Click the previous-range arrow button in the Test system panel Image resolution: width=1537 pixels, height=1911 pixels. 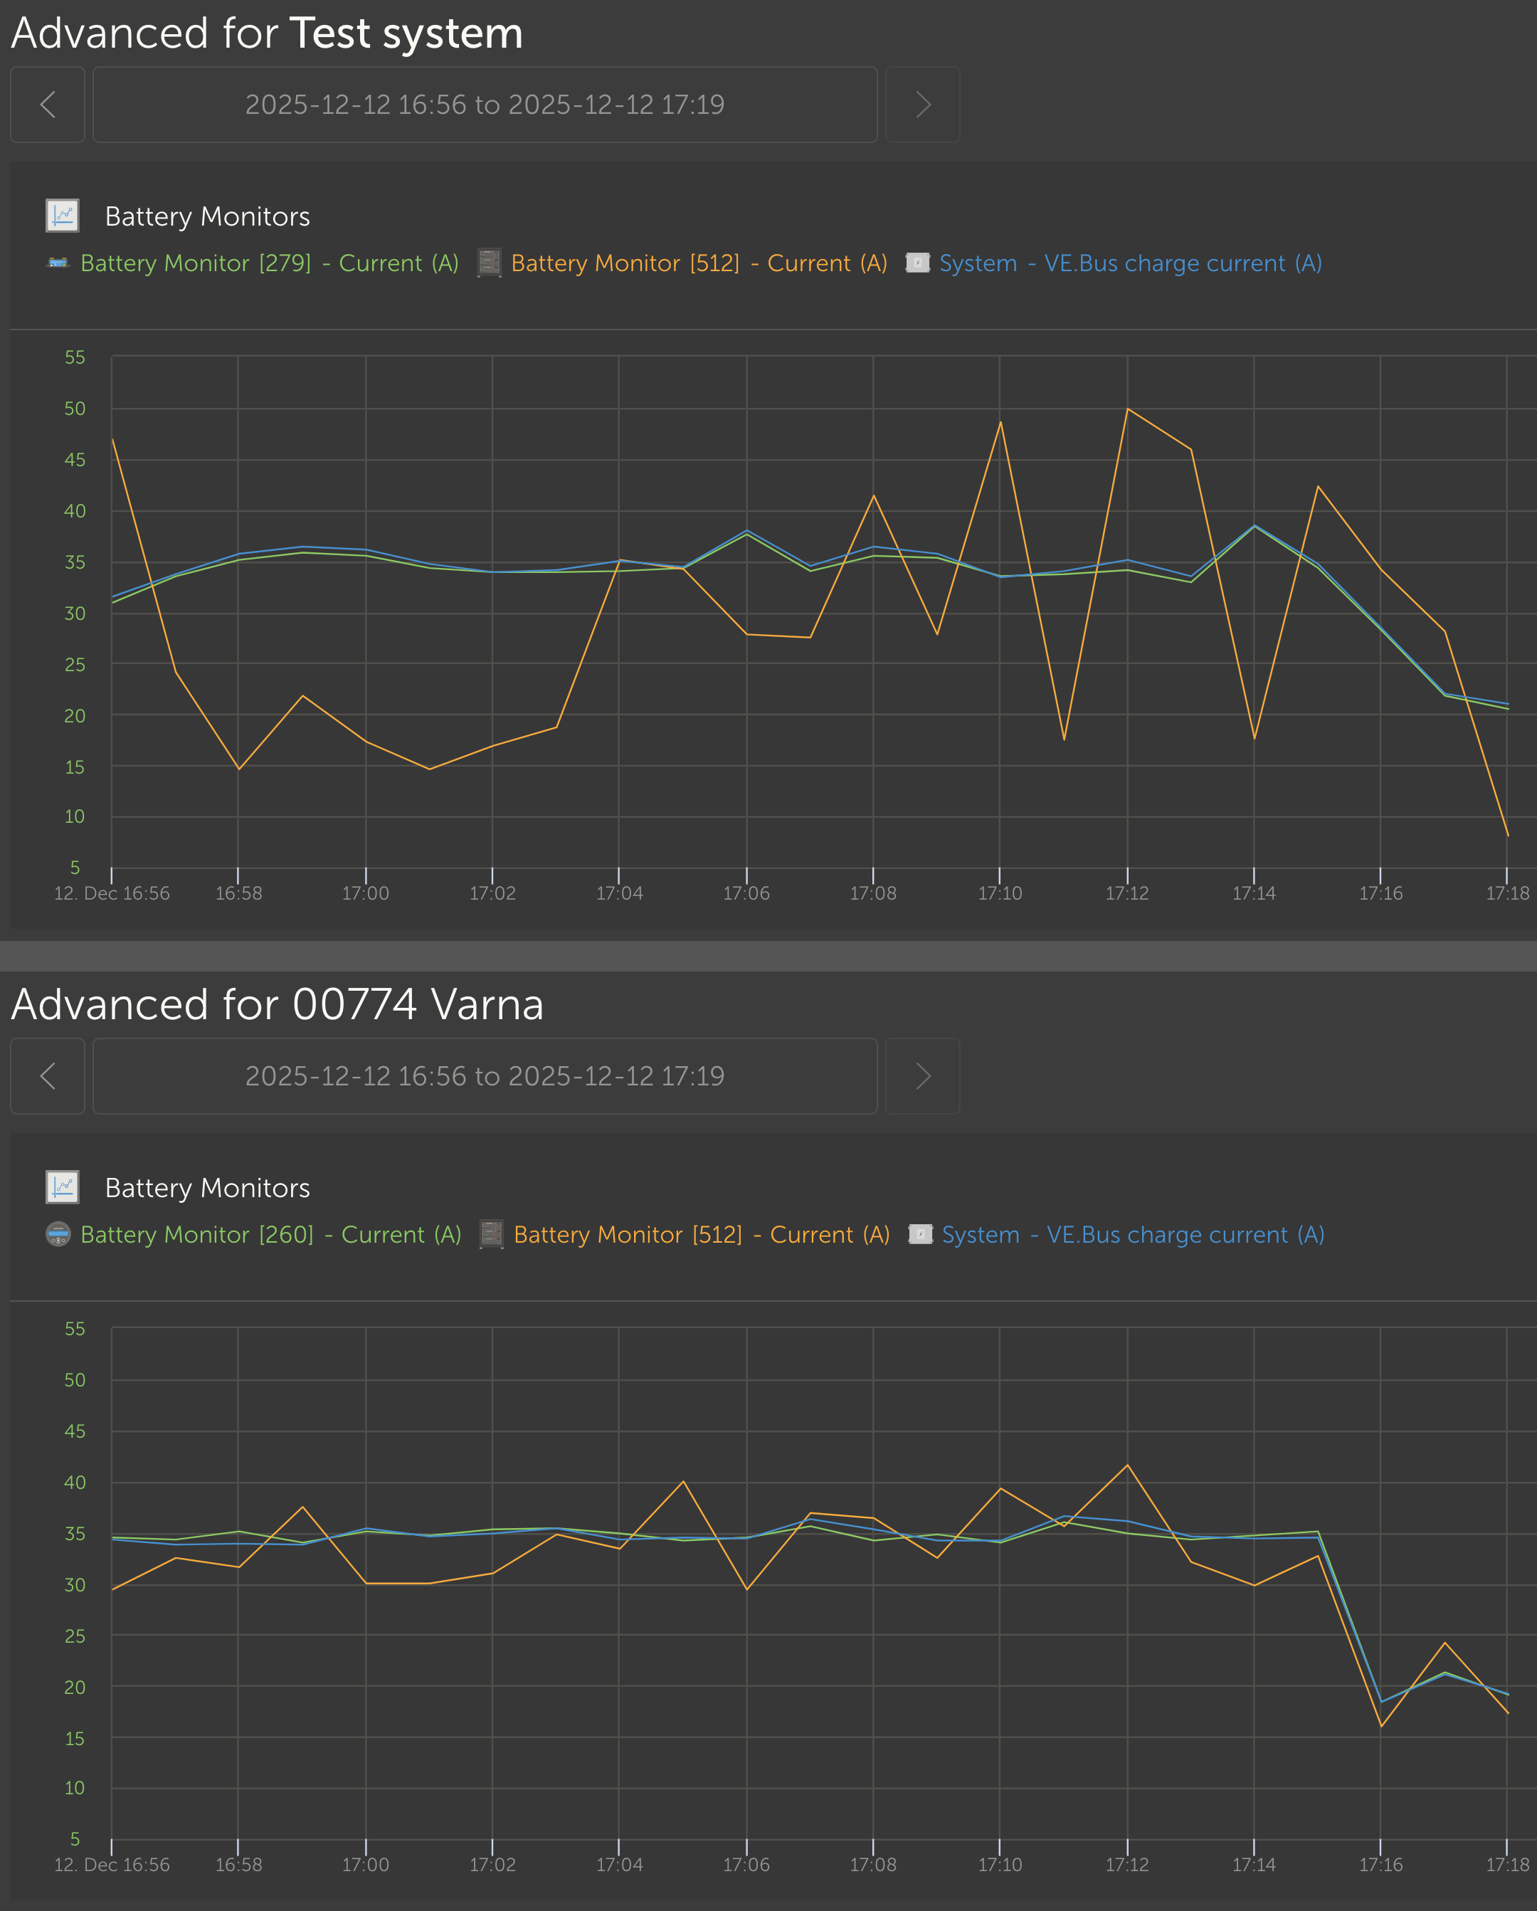pos(48,105)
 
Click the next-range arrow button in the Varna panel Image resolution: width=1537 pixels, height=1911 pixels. pos(923,1076)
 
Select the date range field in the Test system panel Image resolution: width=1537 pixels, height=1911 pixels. pos(485,105)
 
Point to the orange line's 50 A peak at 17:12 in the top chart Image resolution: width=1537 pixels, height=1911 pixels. pos(1127,409)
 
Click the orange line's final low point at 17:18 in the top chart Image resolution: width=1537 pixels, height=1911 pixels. pos(1508,835)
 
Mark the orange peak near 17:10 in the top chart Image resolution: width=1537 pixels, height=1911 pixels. pos(1000,422)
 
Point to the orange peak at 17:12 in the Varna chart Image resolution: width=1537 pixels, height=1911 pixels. pos(1127,1465)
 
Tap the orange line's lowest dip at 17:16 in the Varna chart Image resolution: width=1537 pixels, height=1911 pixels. pos(1381,1727)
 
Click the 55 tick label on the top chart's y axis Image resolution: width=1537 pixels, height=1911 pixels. pos(75,357)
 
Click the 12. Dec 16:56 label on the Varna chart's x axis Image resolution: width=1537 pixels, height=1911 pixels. pos(112,1865)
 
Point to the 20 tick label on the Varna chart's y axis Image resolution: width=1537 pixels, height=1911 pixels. pos(75,1688)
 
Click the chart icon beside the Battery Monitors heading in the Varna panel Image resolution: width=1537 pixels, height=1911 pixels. pos(63,1187)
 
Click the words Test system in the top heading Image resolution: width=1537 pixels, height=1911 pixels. pos(406,33)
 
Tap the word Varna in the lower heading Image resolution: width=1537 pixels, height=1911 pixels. pos(487,1005)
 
